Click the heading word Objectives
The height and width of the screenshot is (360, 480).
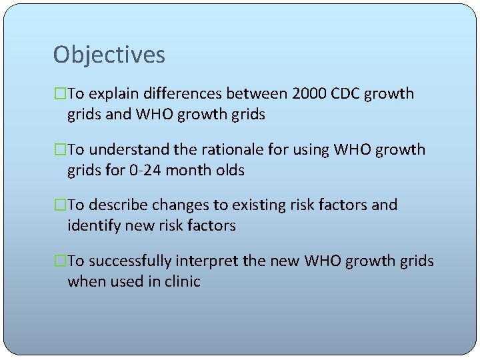pos(109,55)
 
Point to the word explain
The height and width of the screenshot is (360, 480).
pos(114,94)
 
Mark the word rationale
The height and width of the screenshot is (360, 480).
pos(225,149)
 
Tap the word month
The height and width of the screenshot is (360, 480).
pos(188,171)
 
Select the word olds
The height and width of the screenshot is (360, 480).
pos(230,171)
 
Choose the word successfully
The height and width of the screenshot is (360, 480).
pos(129,261)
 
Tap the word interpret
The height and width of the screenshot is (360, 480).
pos(205,261)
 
